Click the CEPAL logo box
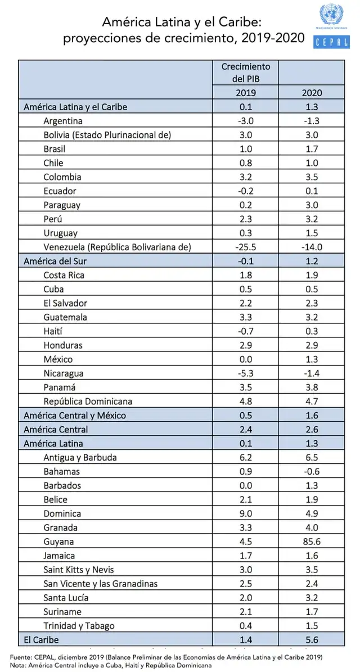point(332,42)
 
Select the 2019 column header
point(246,92)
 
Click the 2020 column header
point(312,92)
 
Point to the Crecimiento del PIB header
point(246,73)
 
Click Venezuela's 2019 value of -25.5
point(246,247)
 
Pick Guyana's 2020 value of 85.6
point(312,542)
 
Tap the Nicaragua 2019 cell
point(246,373)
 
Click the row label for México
point(58,359)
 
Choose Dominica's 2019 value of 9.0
point(246,513)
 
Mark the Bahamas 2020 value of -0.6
point(312,471)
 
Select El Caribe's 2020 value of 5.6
point(312,640)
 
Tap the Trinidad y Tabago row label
point(79,626)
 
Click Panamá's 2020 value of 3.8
point(312,387)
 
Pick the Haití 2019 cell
point(246,331)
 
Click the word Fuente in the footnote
point(20,657)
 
